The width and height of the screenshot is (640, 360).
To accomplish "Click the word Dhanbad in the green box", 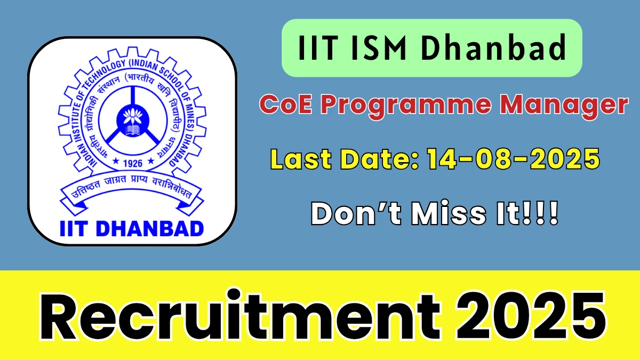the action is tap(493, 47).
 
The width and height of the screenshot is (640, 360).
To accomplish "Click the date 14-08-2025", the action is tap(514, 159).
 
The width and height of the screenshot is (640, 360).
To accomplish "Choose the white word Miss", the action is tap(449, 214).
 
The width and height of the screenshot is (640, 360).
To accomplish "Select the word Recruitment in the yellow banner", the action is tap(239, 315).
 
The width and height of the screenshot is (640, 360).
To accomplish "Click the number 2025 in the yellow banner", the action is tap(530, 315).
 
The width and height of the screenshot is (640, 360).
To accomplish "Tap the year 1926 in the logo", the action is tap(133, 163).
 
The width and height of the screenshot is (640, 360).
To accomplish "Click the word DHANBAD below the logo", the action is tap(150, 229).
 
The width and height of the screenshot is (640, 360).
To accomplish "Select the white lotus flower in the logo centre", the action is tap(133, 116).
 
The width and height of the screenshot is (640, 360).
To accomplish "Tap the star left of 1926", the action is tap(116, 161).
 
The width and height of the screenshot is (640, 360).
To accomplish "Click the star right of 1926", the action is tap(150, 161).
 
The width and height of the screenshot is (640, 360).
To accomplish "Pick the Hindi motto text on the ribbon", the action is tap(132, 187).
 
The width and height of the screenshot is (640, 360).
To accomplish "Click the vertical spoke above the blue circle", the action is tap(133, 95).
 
